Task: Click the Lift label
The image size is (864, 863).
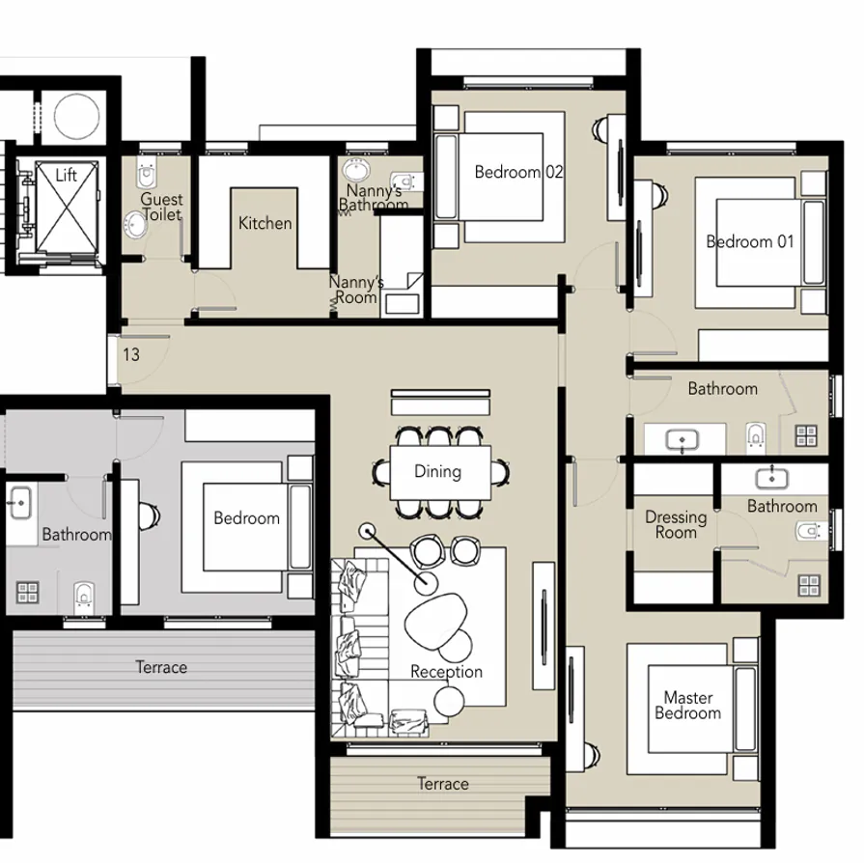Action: coord(66,176)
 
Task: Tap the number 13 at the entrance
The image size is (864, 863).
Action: coord(130,354)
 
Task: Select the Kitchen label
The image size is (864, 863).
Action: coord(265,223)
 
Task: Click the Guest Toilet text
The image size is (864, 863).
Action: coord(161,207)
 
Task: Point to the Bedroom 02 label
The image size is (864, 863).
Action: coord(518,173)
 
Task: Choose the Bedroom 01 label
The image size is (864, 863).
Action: coord(750,241)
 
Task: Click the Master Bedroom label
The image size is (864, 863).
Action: coord(687,706)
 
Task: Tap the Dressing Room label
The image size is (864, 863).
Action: coord(676,525)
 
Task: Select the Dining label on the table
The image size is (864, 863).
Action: coord(437,471)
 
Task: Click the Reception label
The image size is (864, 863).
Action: coord(446,672)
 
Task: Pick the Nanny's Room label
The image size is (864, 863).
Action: coord(356,290)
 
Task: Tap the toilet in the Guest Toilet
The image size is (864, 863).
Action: coord(146,176)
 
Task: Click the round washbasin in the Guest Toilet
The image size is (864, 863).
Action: coord(134,224)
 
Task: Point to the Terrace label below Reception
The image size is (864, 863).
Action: coord(443,784)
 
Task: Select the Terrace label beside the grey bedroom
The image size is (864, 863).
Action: coord(161,667)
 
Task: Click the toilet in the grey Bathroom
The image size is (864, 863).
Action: coord(84,594)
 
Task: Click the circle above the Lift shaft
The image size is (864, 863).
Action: coord(75,114)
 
